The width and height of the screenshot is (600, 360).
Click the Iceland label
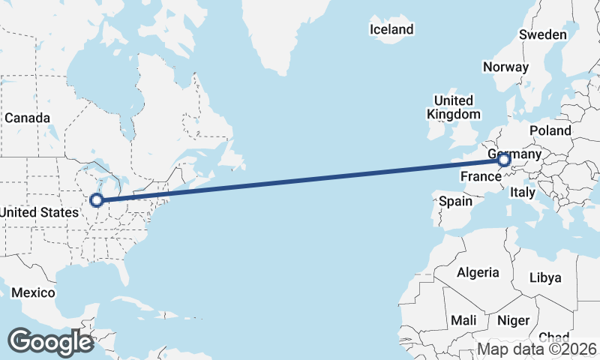(391, 29)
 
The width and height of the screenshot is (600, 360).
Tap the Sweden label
(542, 35)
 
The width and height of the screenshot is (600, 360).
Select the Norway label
(505, 67)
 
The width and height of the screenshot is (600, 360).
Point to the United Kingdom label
(453, 107)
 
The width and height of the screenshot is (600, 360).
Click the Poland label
(550, 130)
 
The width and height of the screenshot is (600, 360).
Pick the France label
(480, 177)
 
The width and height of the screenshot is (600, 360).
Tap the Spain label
(455, 201)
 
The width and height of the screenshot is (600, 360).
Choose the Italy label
(523, 193)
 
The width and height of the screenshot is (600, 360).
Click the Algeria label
(478, 271)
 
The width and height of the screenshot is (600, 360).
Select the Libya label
(545, 277)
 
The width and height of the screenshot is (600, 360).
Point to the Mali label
(463, 320)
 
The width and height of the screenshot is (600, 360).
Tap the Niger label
(514, 320)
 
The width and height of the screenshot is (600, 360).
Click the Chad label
(553, 337)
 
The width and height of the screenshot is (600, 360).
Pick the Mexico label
(33, 292)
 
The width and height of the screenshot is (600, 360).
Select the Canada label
(27, 118)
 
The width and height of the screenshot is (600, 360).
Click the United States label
(39, 212)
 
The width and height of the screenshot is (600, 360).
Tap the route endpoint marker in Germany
(503, 159)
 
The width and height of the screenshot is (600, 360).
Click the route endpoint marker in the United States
(96, 199)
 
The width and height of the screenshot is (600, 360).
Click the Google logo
(50, 342)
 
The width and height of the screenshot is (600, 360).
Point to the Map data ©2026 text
(538, 349)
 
